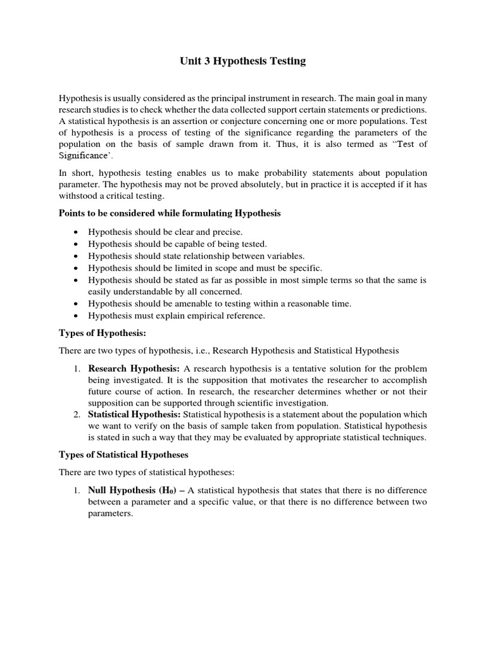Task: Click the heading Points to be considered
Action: (x=170, y=213)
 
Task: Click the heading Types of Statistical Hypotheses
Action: (x=124, y=455)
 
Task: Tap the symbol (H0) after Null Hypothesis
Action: (x=163, y=490)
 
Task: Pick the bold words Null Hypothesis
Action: (x=119, y=490)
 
